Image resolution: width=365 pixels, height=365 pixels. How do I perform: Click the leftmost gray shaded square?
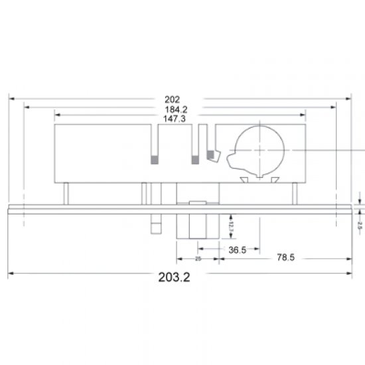click(x=155, y=159)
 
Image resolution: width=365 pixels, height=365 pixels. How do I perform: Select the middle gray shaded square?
click(x=195, y=159)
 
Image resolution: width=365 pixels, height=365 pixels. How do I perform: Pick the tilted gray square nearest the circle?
click(x=212, y=155)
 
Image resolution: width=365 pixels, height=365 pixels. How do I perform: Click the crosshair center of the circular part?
click(x=260, y=151)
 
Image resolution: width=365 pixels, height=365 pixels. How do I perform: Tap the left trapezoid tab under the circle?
click(x=244, y=179)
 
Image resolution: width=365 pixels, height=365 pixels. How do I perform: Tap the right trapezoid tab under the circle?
click(x=273, y=179)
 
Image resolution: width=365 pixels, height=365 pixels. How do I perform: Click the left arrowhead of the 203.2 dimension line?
click(x=11, y=273)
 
